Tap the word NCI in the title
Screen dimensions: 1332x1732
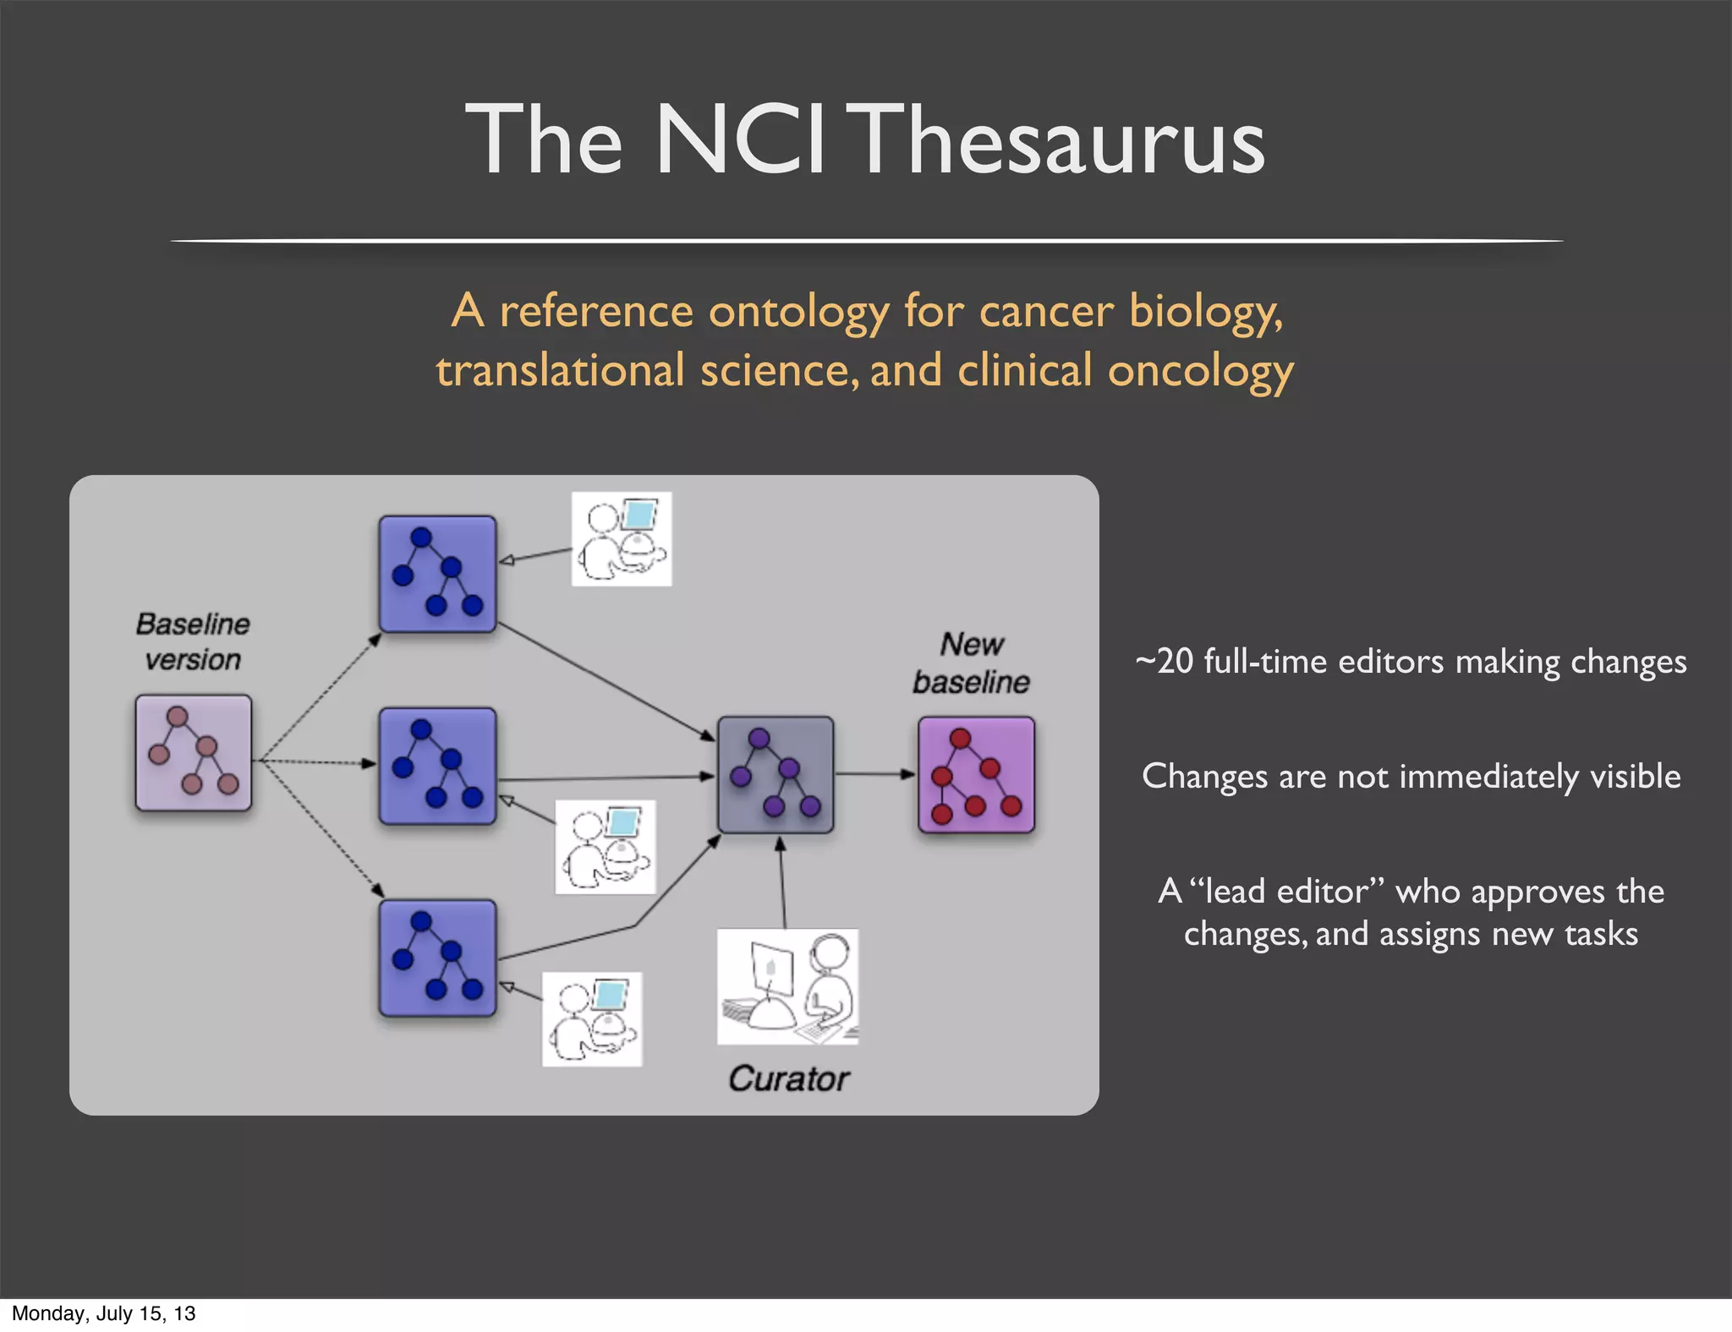(739, 139)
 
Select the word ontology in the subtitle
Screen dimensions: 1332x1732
(798, 312)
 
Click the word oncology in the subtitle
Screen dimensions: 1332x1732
(1201, 372)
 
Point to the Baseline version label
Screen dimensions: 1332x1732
(193, 641)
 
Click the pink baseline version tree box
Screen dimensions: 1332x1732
(194, 752)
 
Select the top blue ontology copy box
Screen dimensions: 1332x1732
(437, 574)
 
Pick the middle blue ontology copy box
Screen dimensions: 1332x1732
(437, 766)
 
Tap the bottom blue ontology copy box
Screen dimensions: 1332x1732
(437, 958)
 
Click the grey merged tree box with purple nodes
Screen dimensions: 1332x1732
(776, 774)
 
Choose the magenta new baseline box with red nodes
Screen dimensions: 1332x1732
(977, 774)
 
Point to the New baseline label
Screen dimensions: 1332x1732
(972, 663)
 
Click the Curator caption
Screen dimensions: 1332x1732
(789, 1079)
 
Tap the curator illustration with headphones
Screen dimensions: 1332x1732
(787, 986)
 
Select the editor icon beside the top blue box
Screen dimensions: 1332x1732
(622, 539)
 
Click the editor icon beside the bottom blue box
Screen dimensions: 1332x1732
(592, 1018)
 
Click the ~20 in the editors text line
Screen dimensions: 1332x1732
(1164, 662)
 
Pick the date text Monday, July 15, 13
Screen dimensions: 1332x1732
(103, 1313)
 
